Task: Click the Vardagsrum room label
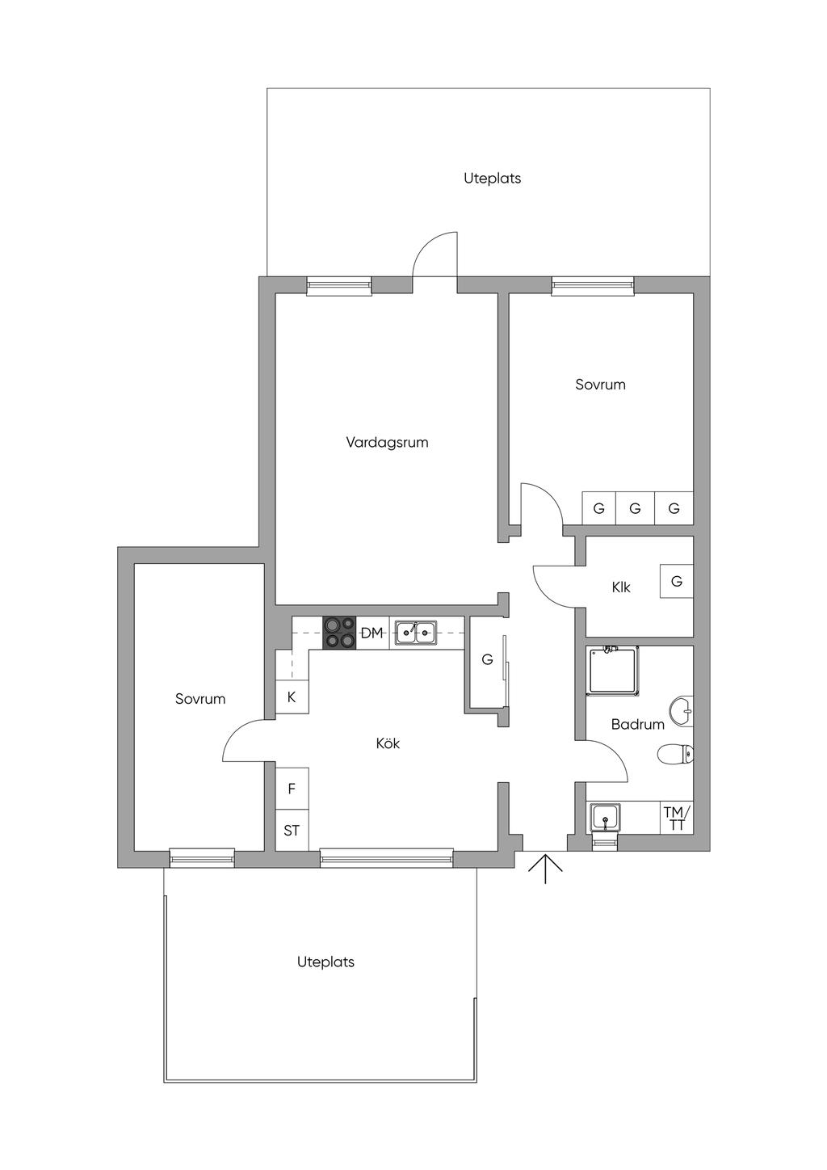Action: (x=387, y=443)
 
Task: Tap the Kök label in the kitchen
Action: (x=388, y=743)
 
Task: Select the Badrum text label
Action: (x=637, y=725)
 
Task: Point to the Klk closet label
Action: (x=621, y=587)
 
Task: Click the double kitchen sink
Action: (x=416, y=633)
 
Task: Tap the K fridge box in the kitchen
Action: (x=292, y=697)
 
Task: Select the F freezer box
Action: (x=292, y=789)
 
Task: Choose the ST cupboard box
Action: (x=292, y=830)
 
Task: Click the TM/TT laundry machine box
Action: (x=677, y=818)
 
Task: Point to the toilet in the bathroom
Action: (x=675, y=755)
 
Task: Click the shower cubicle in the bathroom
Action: (x=613, y=671)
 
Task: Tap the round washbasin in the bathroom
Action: (x=682, y=711)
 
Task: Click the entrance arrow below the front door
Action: (x=545, y=869)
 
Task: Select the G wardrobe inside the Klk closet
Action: (x=677, y=581)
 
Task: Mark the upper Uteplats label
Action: (x=493, y=179)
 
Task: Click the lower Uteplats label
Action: (x=325, y=962)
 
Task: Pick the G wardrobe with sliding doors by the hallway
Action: (x=487, y=660)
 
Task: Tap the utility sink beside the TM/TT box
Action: (x=605, y=818)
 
